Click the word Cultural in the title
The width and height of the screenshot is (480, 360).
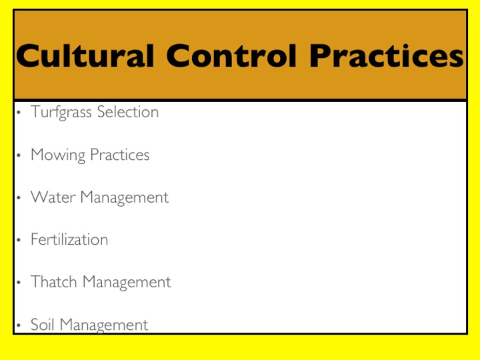coord(85,55)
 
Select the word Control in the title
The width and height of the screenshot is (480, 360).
coord(232,55)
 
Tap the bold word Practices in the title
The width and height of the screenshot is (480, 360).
coord(387,55)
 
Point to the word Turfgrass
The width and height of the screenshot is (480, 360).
coord(61,112)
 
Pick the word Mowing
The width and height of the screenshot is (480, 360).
coord(58,155)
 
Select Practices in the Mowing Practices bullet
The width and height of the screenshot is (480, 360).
coord(120,154)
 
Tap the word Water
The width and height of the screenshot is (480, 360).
coord(53,197)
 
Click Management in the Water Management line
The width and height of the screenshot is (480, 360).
coord(124,198)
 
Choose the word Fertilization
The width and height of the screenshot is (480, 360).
coord(69,239)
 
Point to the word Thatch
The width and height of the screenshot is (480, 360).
coord(53,281)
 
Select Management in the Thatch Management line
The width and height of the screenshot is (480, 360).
coord(127,283)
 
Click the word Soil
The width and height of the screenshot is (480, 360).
coord(43,324)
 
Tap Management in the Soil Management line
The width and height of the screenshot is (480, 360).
coord(104,325)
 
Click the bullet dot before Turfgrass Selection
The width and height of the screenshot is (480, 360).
coord(19,113)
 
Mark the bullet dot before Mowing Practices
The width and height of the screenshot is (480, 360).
coord(19,155)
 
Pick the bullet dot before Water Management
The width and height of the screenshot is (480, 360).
coord(19,198)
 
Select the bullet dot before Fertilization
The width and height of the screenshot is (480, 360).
coord(19,240)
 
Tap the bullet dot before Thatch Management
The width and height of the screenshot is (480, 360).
coord(19,283)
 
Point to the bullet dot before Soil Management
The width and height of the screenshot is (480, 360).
coord(19,325)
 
